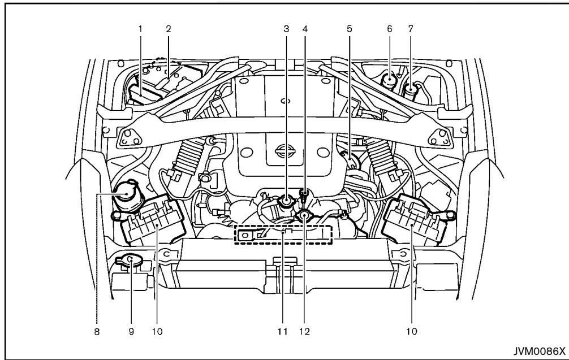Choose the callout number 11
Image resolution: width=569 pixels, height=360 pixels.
tap(280, 332)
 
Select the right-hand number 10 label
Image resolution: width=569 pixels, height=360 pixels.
tap(412, 332)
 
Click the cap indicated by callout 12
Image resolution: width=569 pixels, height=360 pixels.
tap(305, 215)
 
